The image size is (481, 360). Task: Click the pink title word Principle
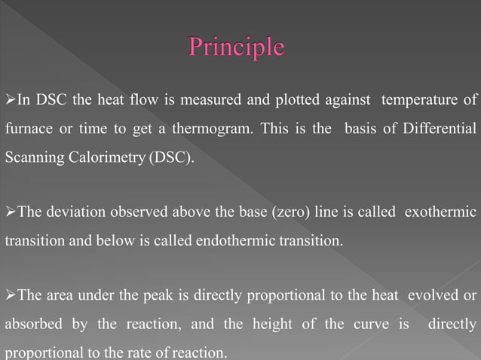click(x=236, y=47)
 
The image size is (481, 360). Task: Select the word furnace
click(x=28, y=129)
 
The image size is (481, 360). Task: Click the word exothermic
click(x=440, y=212)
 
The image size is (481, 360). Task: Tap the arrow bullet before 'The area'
click(x=10, y=294)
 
